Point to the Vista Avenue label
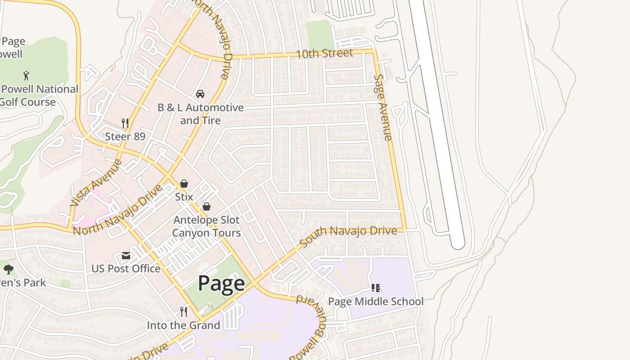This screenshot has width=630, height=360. click(x=95, y=183)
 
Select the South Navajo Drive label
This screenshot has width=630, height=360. click(x=348, y=236)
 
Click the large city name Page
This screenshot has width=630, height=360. click(x=221, y=283)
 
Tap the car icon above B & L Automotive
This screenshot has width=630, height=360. click(x=200, y=94)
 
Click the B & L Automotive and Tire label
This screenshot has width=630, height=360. click(x=200, y=114)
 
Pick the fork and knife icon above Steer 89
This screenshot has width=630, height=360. click(x=125, y=123)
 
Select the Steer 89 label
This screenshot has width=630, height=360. click(x=125, y=136)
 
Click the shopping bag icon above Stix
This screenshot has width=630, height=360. click(x=184, y=184)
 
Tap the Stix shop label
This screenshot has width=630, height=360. click(x=184, y=197)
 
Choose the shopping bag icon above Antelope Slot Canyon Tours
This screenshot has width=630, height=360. click(x=207, y=207)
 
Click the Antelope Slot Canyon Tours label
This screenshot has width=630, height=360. click(x=207, y=226)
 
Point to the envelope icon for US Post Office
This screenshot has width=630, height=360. click(x=126, y=256)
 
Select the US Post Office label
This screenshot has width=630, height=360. click(x=126, y=269)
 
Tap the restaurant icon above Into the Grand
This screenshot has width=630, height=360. click(x=184, y=311)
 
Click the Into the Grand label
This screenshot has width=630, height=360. click(x=184, y=325)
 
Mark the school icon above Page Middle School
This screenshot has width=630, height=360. click(x=376, y=288)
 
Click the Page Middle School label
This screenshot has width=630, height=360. click(x=376, y=301)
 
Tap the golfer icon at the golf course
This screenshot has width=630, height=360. click(x=27, y=76)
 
